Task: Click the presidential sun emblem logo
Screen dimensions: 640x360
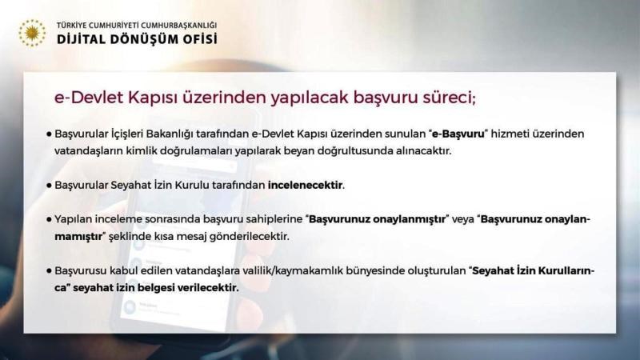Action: coord(32,33)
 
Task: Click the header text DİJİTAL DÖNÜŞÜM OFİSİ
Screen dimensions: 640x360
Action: coord(137,39)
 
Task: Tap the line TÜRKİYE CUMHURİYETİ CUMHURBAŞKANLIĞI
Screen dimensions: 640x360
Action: coord(137,26)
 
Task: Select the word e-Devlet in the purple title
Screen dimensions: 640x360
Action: coord(90,98)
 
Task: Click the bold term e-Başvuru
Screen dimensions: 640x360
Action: coord(458,134)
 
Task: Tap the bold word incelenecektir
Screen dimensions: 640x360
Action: coord(305,186)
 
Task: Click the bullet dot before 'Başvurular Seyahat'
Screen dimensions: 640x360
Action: coord(49,186)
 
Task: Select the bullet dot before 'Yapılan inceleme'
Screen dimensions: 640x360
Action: coord(49,220)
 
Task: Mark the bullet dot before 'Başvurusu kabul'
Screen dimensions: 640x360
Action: coord(49,271)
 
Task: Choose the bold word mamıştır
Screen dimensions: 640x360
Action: coord(78,237)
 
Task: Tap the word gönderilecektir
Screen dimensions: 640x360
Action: coord(249,237)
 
